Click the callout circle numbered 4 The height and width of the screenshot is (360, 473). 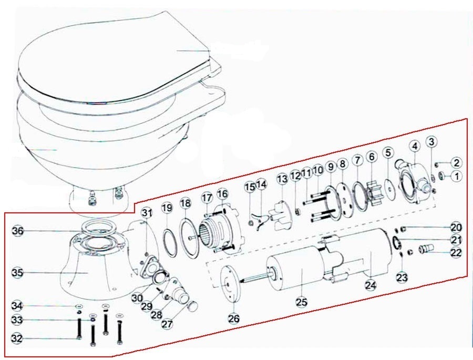tap(415, 146)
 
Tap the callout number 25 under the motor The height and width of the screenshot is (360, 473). tap(302, 302)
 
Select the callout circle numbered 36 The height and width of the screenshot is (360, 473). tap(18, 231)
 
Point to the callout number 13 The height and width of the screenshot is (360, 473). tap(282, 179)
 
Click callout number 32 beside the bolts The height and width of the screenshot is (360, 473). tap(17, 338)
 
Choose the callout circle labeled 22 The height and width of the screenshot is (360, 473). tap(456, 252)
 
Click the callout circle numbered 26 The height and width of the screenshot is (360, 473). tap(234, 318)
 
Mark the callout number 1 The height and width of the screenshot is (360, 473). tap(457, 176)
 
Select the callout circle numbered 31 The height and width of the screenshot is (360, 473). tap(147, 213)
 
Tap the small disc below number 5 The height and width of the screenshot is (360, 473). tap(391, 190)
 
